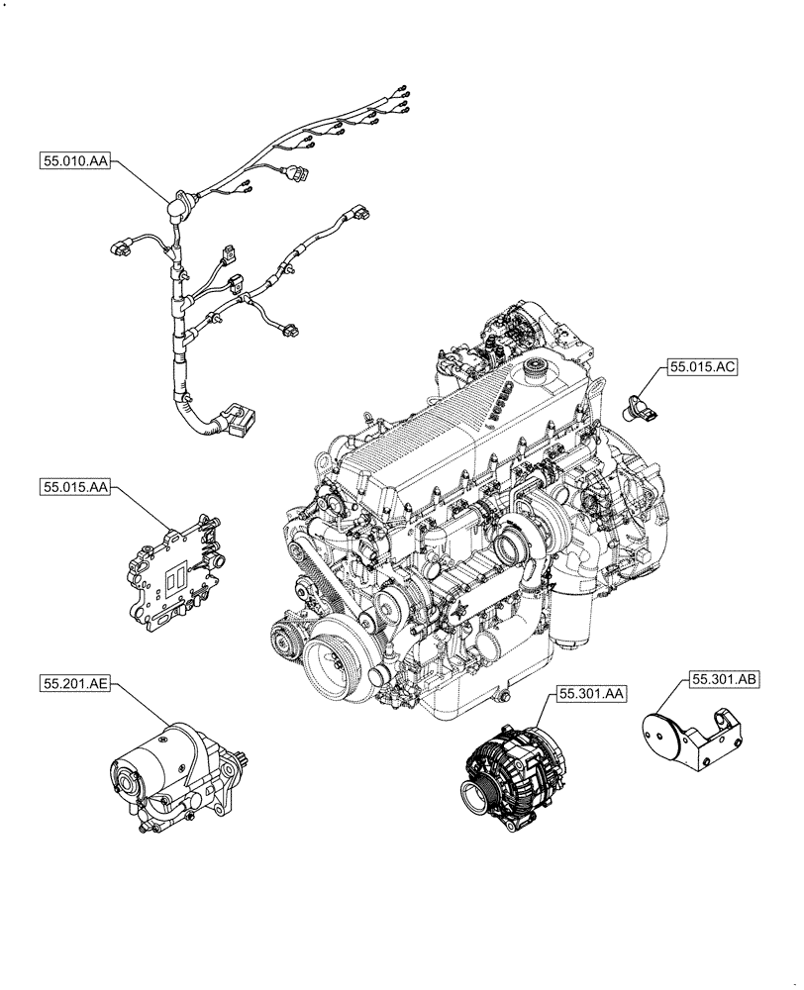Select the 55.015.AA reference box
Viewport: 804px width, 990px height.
click(x=75, y=486)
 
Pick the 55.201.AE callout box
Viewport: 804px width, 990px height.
click(x=75, y=682)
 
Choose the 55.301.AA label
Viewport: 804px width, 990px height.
click(x=590, y=695)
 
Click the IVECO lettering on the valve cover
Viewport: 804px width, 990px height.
click(x=497, y=401)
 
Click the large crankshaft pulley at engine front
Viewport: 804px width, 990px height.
click(x=334, y=665)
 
